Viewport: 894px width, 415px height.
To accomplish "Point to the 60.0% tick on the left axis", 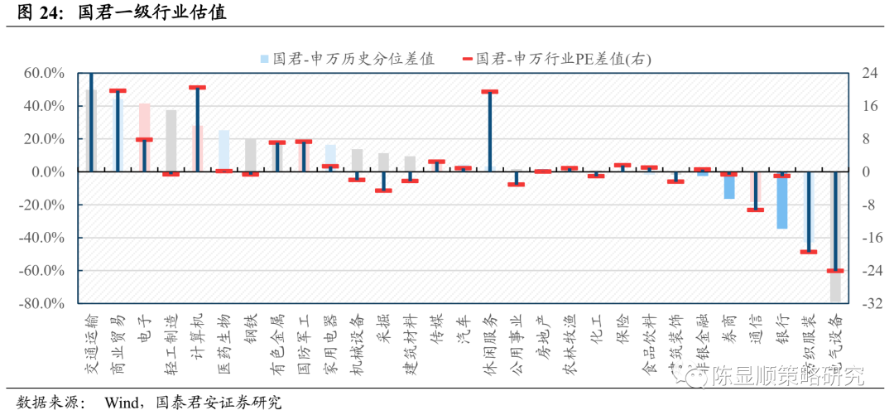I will pyautogui.click(x=44, y=73).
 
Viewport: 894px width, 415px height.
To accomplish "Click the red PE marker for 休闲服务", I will pyautogui.click(x=489, y=91).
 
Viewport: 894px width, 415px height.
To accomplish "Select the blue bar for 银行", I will pyautogui.click(x=781, y=203).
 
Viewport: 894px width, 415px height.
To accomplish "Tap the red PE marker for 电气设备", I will pyautogui.click(x=834, y=271).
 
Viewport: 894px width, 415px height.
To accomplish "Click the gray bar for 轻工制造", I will pyautogui.click(x=171, y=141).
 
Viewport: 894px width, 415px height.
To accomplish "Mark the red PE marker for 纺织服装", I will pyautogui.click(x=808, y=251).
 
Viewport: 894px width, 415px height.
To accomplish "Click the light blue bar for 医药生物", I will pyautogui.click(x=223, y=149).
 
